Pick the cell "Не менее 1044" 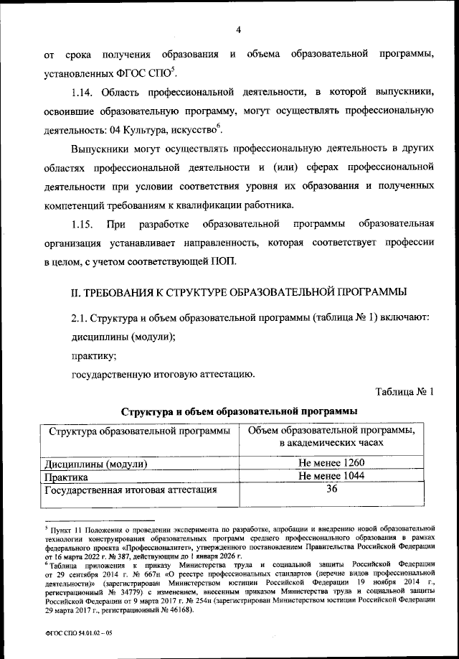click(x=331, y=476)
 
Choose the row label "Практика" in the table click(x=67, y=477)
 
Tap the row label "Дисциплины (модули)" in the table click(x=96, y=464)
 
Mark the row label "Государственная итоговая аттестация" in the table click(x=131, y=490)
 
